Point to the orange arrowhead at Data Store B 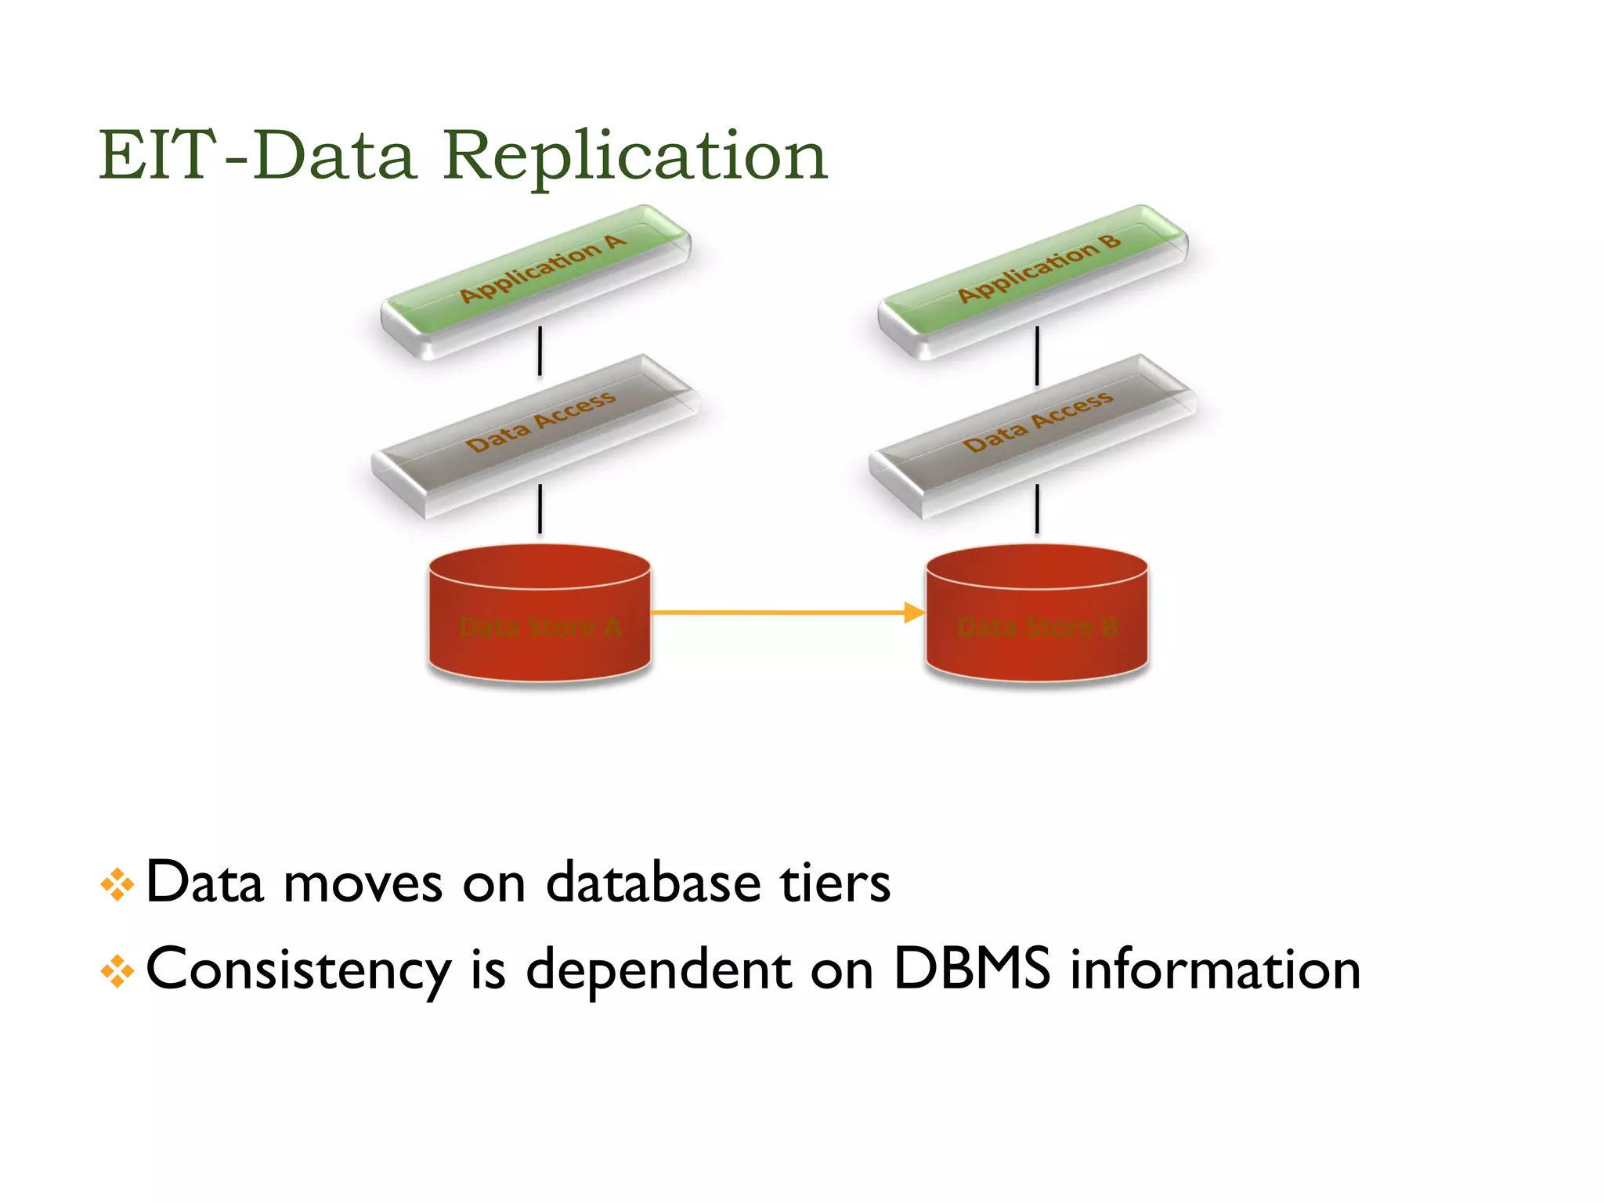click(914, 612)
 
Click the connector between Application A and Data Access click(540, 351)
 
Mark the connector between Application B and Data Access click(1037, 355)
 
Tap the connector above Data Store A click(540, 509)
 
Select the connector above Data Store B click(1037, 509)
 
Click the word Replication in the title click(634, 157)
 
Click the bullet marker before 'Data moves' click(117, 885)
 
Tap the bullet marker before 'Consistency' click(117, 971)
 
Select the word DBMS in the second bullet click(971, 969)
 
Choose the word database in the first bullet click(653, 883)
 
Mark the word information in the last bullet click(1215, 969)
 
